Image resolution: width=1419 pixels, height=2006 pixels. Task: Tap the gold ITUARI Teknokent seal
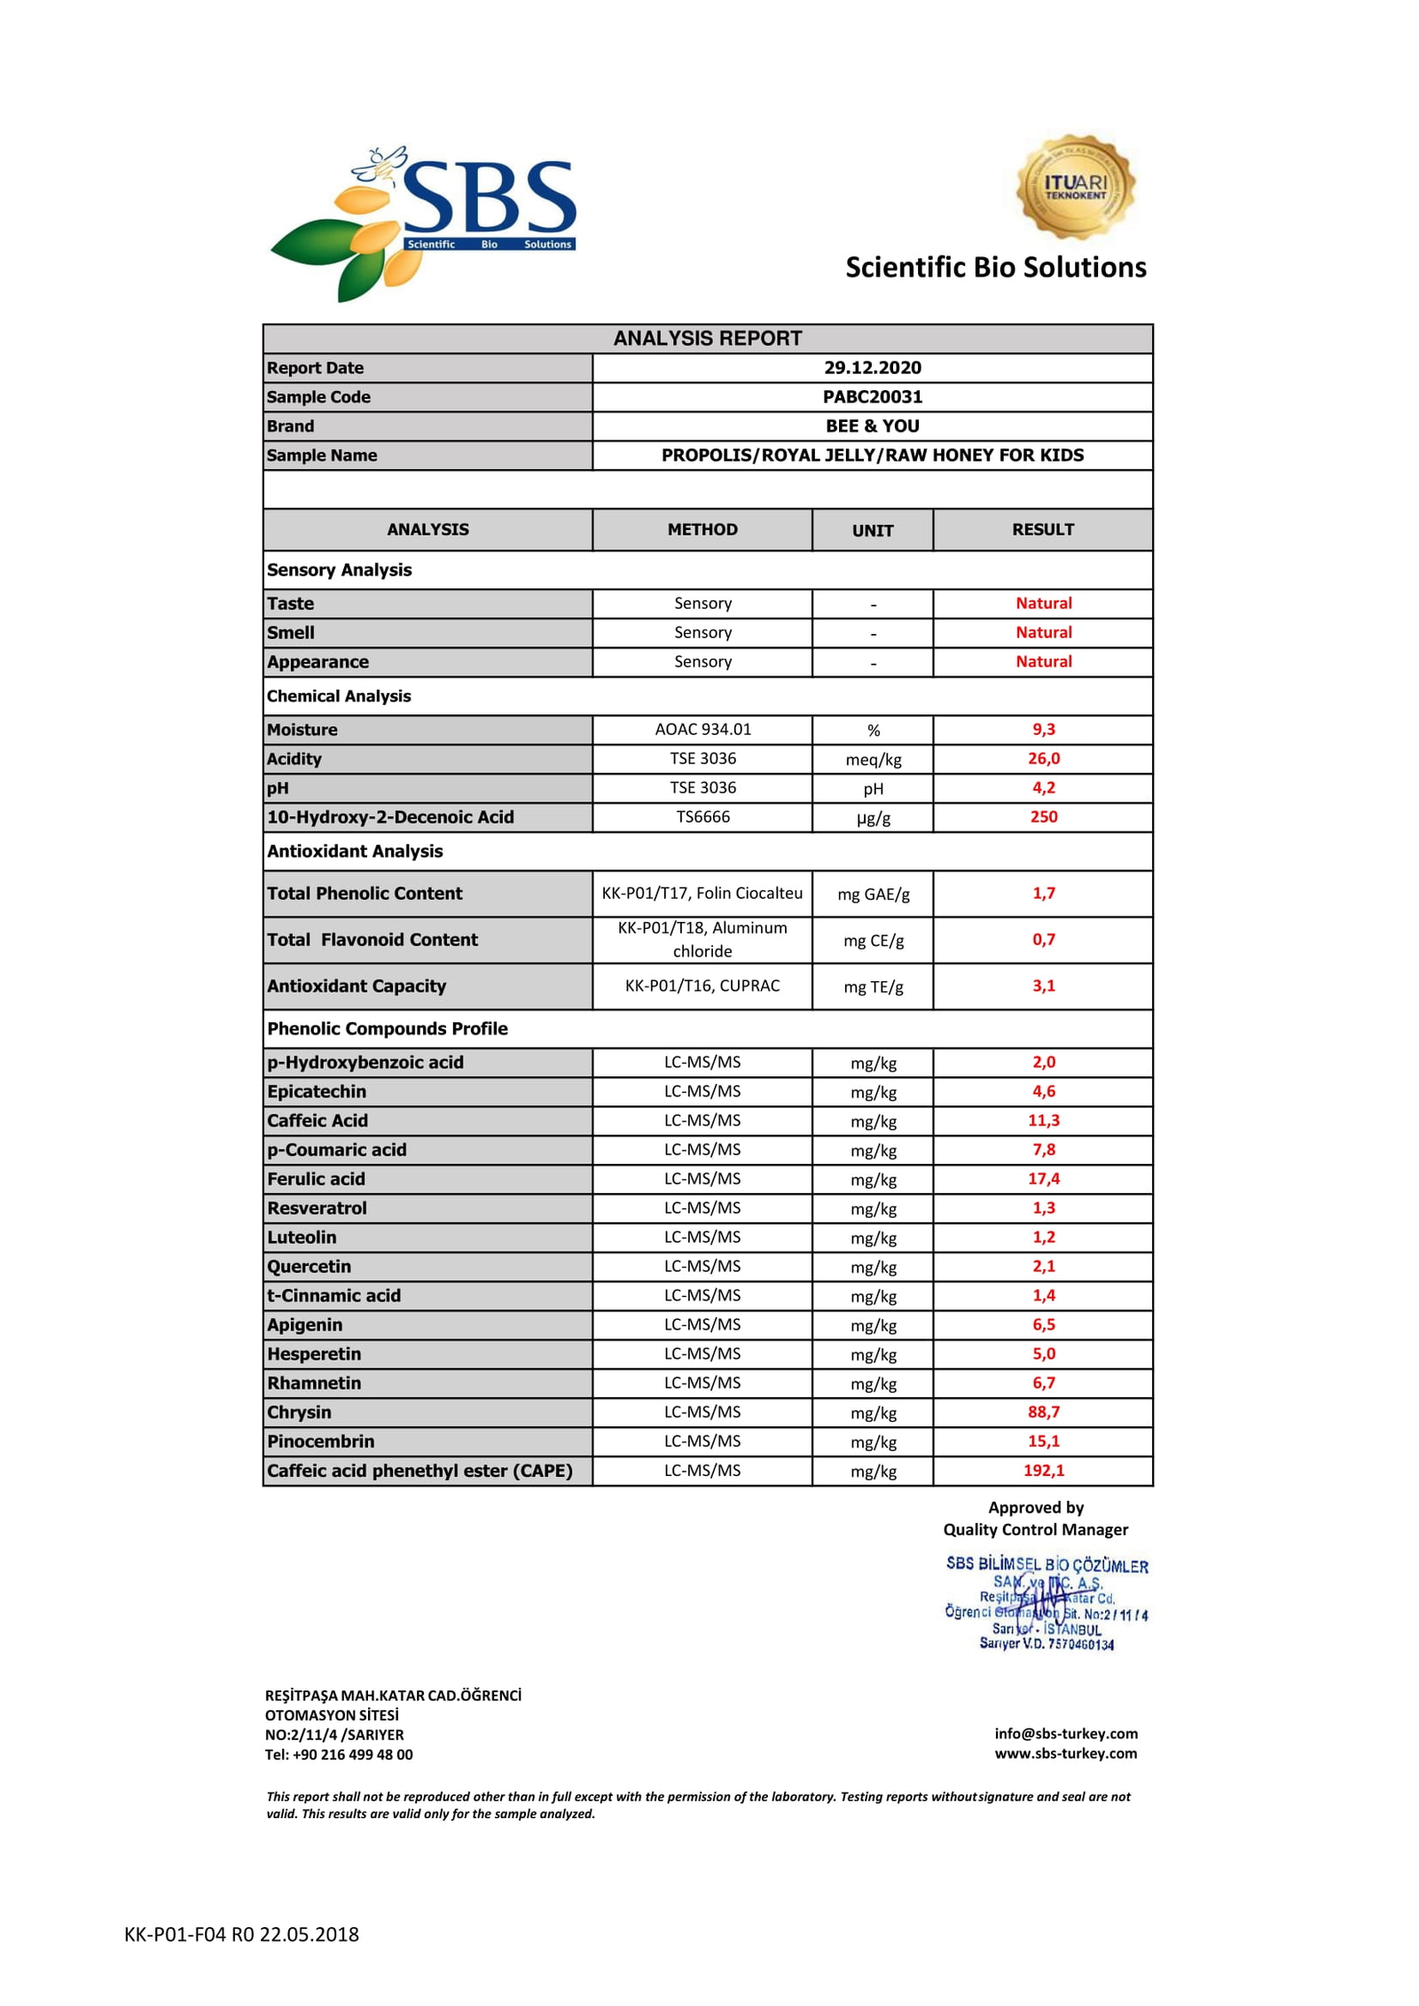(1075, 187)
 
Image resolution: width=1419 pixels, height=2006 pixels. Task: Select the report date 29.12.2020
(872, 368)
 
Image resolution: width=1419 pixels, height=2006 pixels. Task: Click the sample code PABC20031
(872, 397)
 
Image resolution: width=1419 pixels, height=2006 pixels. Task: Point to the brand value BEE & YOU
(872, 426)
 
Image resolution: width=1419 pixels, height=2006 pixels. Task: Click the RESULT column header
(1042, 529)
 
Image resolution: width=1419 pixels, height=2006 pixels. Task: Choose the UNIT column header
(872, 530)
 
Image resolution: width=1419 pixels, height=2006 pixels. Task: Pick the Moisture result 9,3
(1043, 730)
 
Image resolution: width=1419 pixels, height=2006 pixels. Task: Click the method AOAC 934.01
(702, 730)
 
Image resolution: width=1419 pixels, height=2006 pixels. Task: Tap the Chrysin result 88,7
(1043, 1412)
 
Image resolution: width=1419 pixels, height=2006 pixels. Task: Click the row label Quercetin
(310, 1267)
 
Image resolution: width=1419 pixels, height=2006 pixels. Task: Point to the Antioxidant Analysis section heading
(355, 851)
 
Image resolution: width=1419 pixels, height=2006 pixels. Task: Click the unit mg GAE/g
(873, 894)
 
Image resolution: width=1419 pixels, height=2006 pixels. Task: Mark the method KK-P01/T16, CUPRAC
(702, 986)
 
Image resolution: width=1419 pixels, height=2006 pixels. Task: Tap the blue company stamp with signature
(1046, 1604)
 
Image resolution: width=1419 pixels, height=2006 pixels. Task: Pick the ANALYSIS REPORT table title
(707, 339)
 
